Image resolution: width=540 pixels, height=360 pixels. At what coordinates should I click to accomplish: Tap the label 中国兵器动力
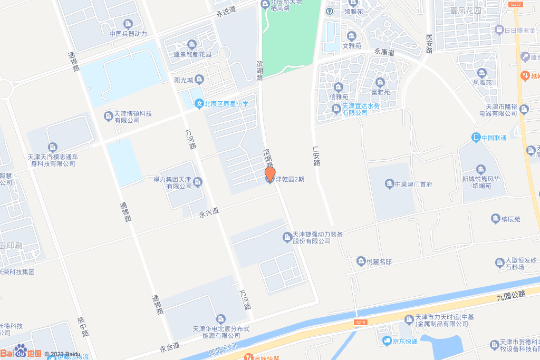pos(128,34)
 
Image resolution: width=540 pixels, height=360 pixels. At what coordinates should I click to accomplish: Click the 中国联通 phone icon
pos(476,138)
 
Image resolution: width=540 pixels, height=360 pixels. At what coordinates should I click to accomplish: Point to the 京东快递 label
pos(405,341)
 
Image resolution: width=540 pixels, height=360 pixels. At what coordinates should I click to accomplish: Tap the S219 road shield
pos(361,322)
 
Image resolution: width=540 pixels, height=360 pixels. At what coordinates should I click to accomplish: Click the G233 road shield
pos(516,4)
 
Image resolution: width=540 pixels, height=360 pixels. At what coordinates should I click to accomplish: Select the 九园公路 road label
pos(511,296)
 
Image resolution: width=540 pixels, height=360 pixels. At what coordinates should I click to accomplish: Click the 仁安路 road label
pos(316,156)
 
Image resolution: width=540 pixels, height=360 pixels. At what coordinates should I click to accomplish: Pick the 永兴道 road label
pos(209,212)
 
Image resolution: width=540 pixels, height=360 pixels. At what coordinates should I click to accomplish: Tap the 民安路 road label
pos(429,44)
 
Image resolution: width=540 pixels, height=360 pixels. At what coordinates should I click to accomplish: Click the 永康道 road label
pos(384,52)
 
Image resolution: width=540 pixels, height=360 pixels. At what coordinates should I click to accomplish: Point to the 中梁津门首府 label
pos(413,184)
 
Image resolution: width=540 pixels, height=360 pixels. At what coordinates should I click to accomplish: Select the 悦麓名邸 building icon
pos(361,261)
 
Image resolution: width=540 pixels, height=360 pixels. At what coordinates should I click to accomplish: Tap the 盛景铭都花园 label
pos(192,54)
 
